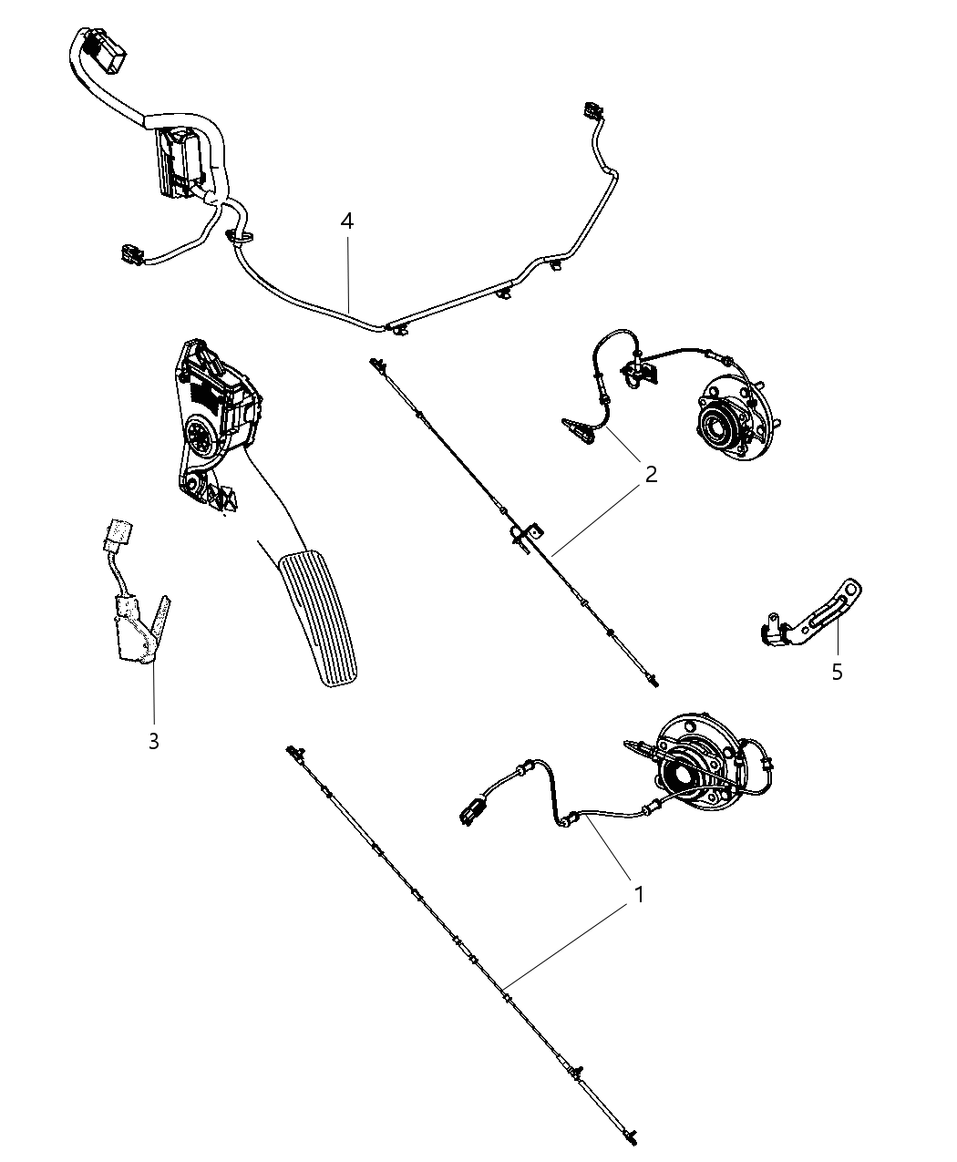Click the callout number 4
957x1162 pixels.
pyautogui.click(x=346, y=221)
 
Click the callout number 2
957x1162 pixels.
pyautogui.click(x=650, y=474)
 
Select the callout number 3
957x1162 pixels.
pyautogui.click(x=153, y=741)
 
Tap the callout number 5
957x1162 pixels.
pyautogui.click(x=836, y=673)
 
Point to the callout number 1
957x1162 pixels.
pyautogui.click(x=639, y=894)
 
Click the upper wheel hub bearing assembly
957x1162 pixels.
pyautogui.click(x=729, y=420)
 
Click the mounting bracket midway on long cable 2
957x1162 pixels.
pyautogui.click(x=526, y=536)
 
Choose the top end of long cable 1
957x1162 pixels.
pyautogui.click(x=293, y=752)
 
